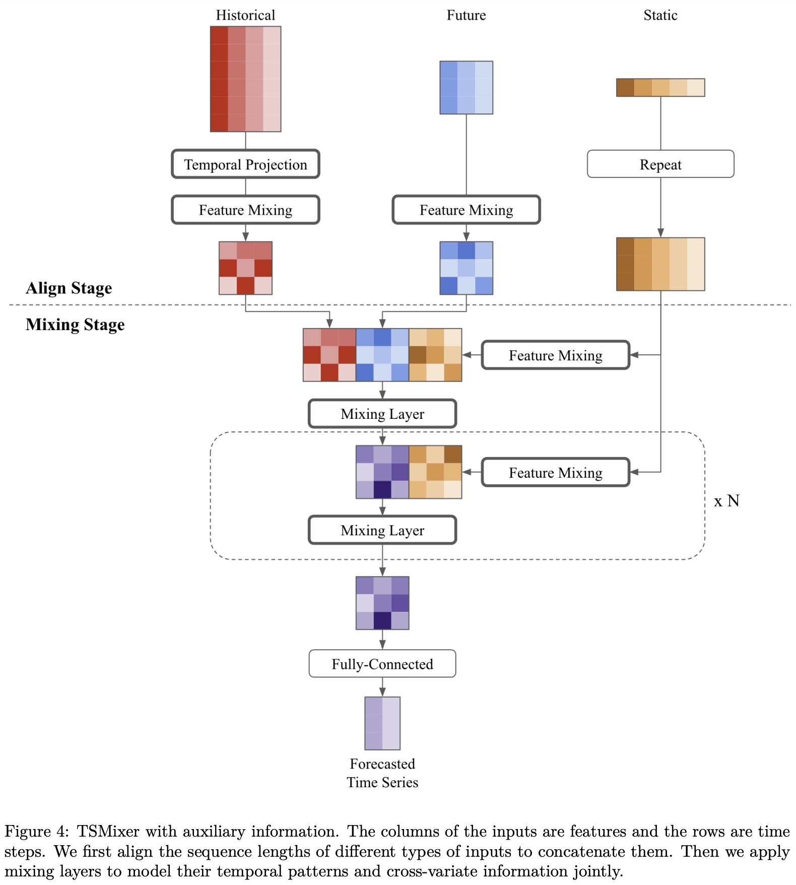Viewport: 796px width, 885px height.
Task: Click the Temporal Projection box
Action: click(245, 164)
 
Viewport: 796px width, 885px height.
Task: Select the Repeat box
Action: click(660, 164)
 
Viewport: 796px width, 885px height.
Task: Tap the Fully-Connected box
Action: click(382, 664)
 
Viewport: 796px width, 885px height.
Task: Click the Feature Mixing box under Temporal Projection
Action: click(245, 210)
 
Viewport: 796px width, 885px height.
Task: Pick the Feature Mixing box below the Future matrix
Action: click(466, 210)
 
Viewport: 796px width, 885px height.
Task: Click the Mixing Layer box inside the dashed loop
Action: click(382, 530)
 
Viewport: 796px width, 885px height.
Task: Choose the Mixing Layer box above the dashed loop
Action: click(382, 414)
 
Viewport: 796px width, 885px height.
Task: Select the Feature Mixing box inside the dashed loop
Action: click(555, 472)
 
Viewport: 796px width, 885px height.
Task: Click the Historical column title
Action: click(245, 15)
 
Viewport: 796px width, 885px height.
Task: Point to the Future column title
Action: click(466, 15)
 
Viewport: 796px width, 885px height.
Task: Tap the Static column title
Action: click(660, 15)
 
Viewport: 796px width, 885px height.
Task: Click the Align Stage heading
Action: click(69, 288)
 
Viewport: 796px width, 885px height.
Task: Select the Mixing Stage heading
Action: click(75, 324)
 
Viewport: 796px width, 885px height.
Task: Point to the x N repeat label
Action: click(726, 500)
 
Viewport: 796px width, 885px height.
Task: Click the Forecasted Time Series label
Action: click(382, 773)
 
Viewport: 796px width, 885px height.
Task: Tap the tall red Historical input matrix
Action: click(245, 79)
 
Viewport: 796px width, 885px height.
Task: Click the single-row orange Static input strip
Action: click(660, 88)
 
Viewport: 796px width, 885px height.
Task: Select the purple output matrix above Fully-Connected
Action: click(382, 603)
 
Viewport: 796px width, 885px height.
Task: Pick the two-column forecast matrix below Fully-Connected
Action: click(382, 723)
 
